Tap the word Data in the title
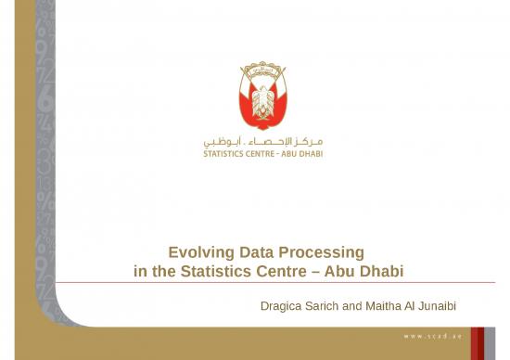[x=257, y=252]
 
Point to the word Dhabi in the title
[x=382, y=271]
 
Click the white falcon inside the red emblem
[x=263, y=100]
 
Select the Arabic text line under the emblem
[x=263, y=142]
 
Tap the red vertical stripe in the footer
[x=478, y=342]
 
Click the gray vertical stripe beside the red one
[x=491, y=342]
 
